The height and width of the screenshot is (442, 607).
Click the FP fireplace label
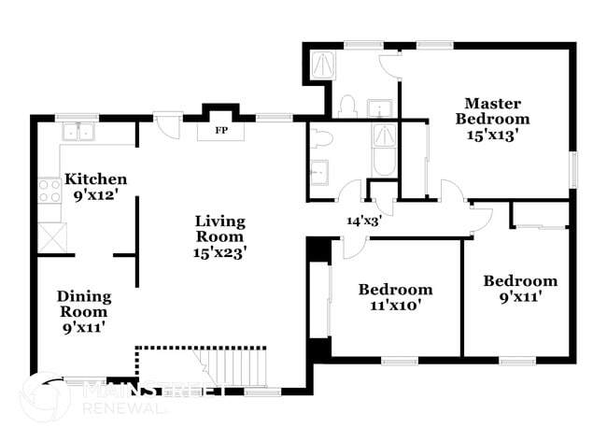(x=221, y=130)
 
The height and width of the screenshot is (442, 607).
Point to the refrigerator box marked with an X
(x=50, y=238)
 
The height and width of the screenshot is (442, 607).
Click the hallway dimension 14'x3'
(x=363, y=221)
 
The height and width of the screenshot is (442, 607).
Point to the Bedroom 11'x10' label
(x=395, y=297)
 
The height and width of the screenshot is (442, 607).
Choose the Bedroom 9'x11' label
(x=520, y=289)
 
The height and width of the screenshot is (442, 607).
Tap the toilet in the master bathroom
(x=346, y=106)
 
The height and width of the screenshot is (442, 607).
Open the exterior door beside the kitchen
(x=168, y=124)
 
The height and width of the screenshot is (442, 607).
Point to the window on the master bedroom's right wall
(x=573, y=168)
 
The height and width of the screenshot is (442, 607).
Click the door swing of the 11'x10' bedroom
(x=353, y=246)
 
